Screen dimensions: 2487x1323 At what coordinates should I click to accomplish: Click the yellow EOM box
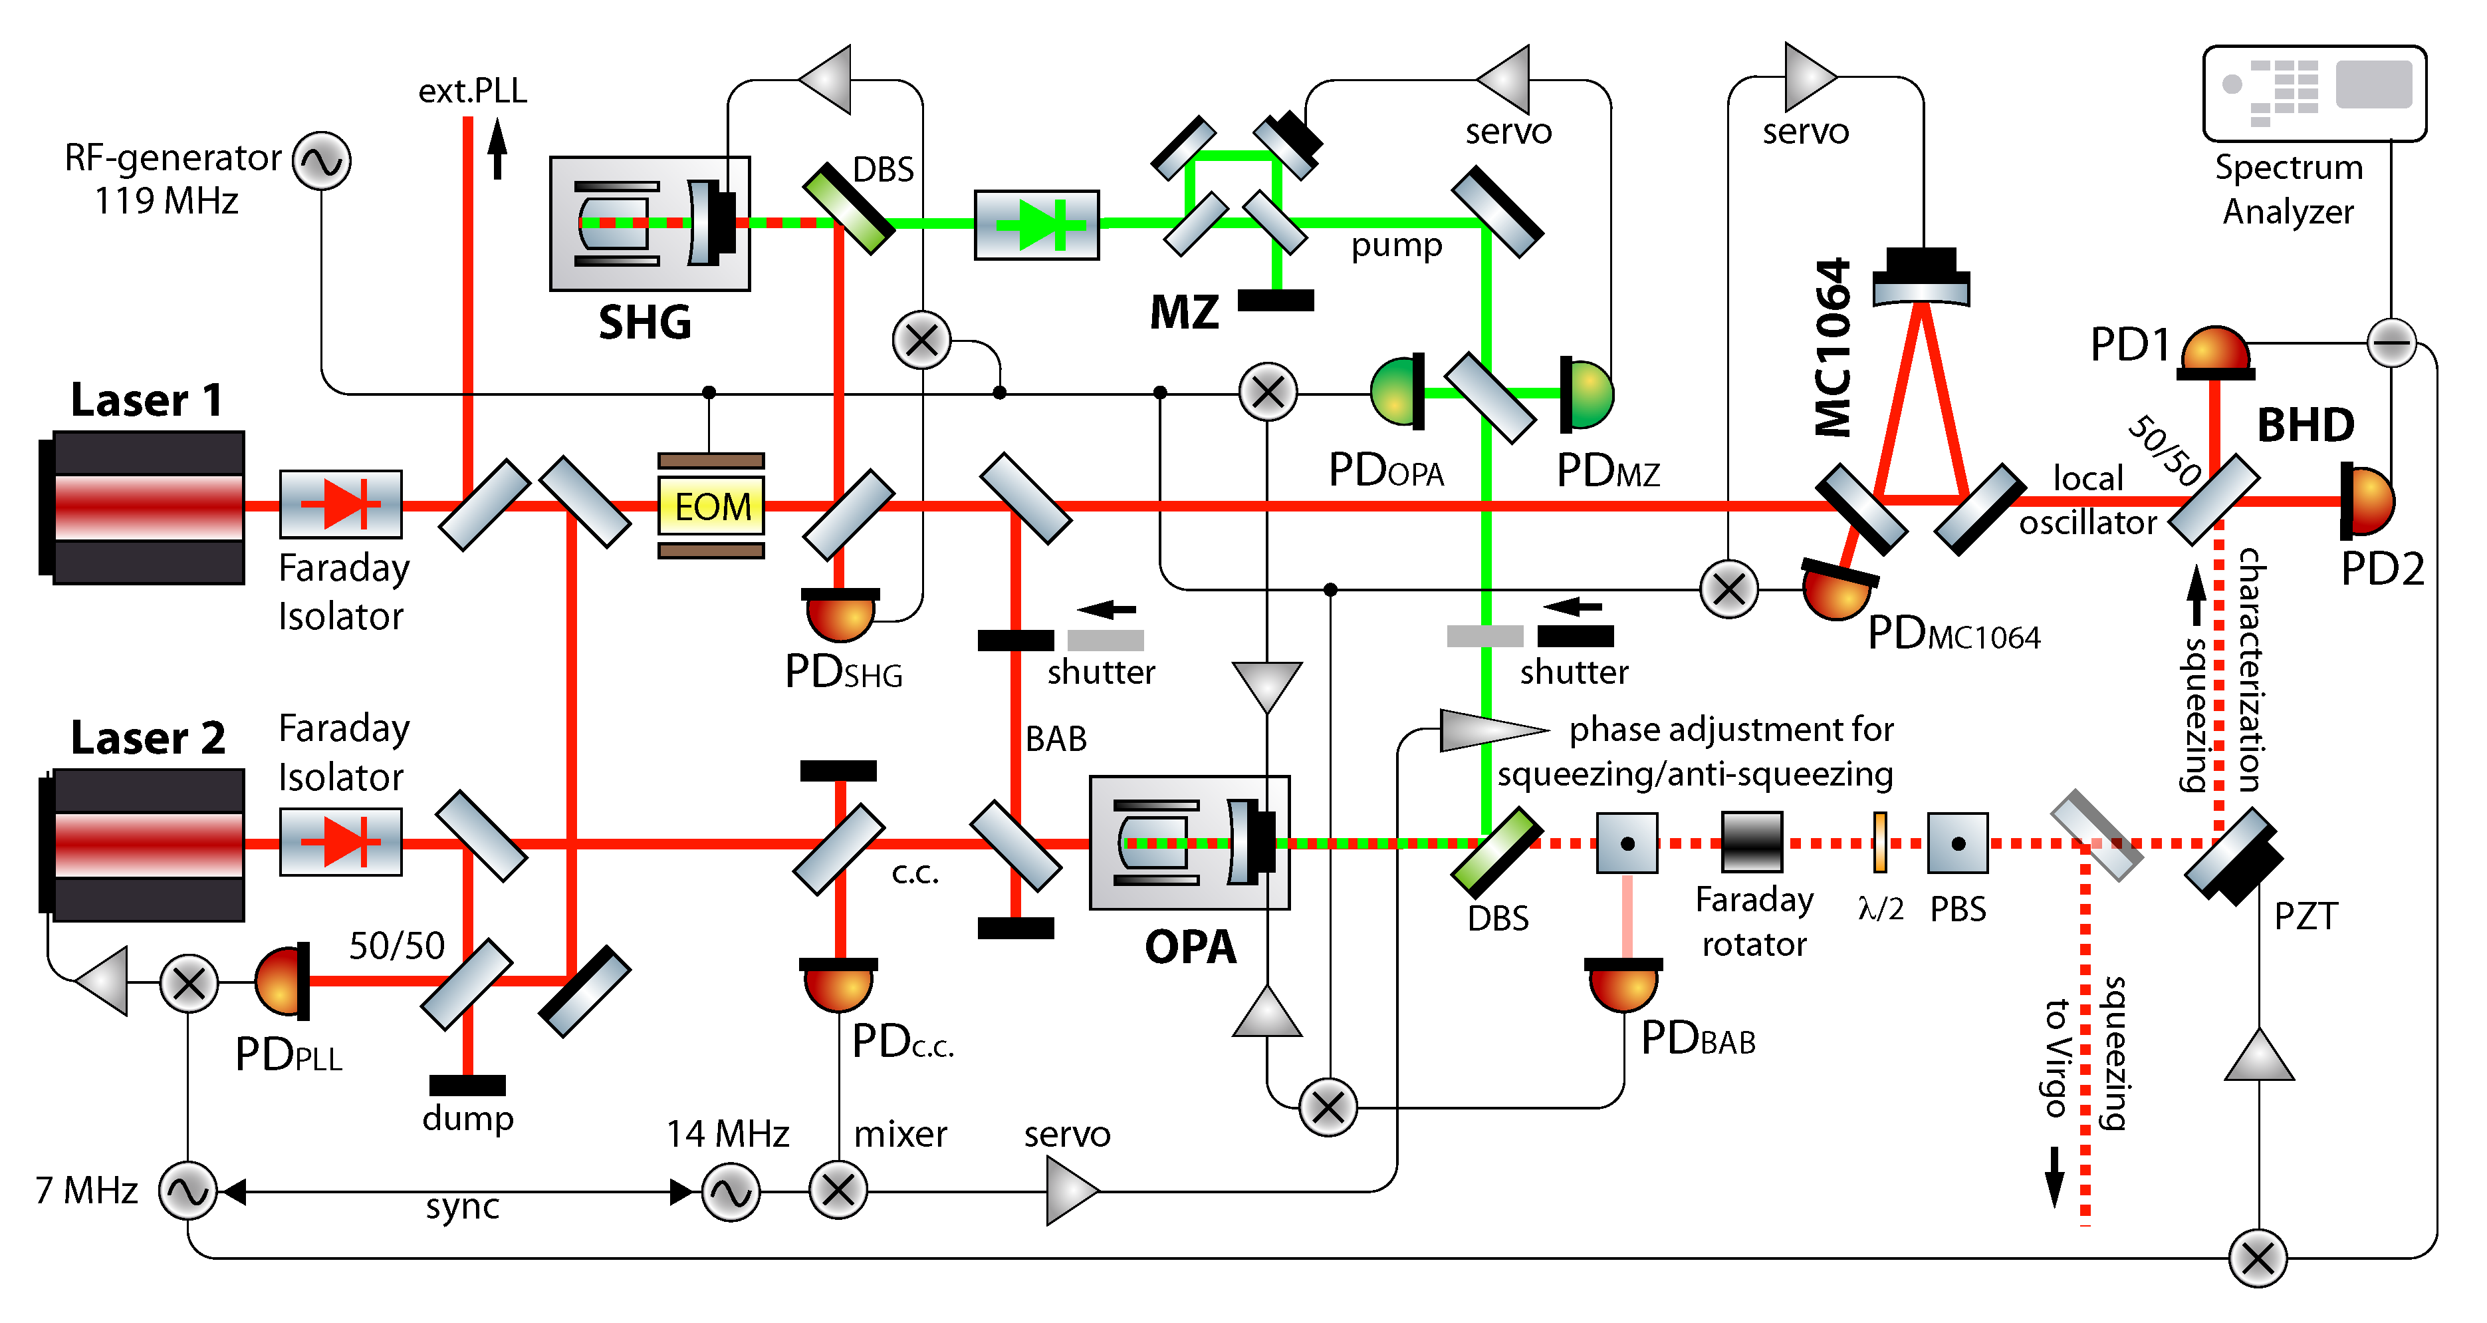711,506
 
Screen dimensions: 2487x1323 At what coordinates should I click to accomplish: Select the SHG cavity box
650,223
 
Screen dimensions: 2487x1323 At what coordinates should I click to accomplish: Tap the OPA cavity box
1189,843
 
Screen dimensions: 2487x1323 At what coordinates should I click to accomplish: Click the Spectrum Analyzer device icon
2314,94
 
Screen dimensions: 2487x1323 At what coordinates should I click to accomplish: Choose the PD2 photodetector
2367,501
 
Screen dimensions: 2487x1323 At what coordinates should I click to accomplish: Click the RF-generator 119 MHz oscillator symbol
322,161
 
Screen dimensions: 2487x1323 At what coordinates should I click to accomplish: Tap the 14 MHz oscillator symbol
731,1193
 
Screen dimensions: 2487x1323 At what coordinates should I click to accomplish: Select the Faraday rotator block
1752,843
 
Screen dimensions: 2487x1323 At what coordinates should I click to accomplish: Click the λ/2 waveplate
1880,842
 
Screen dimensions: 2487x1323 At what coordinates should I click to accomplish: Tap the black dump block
467,1084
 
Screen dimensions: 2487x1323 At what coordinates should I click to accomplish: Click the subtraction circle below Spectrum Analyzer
2391,342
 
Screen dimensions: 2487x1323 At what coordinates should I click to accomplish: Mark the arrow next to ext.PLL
497,148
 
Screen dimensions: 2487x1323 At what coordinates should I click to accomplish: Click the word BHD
2306,425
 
